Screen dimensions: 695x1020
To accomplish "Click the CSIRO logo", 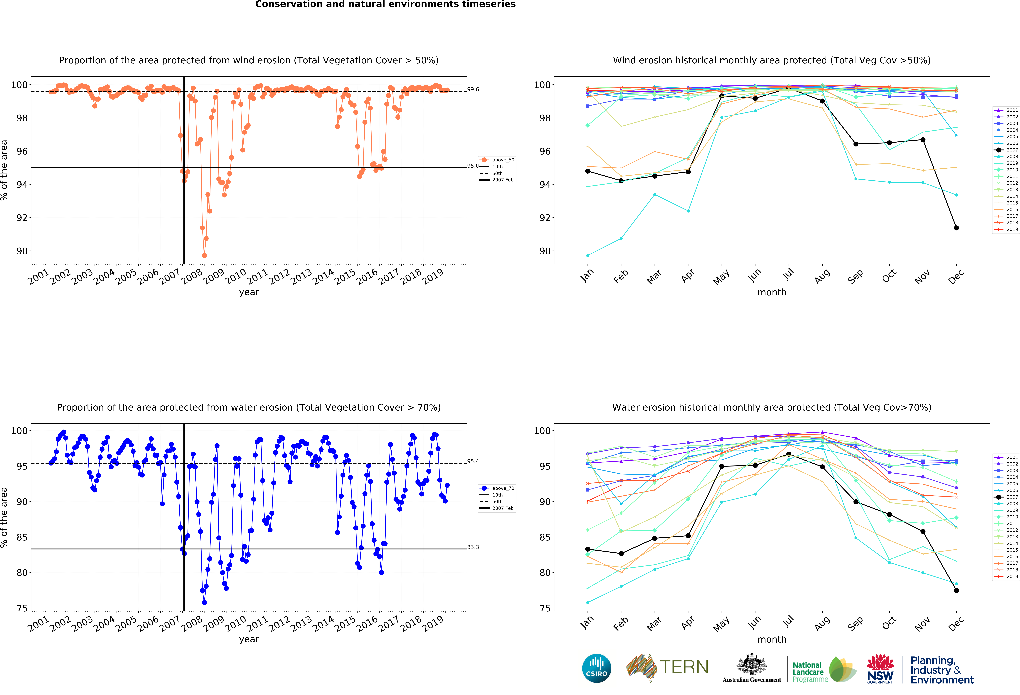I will point(596,668).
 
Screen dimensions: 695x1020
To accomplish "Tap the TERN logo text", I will point(684,667).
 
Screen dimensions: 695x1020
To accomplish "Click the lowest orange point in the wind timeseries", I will point(204,255).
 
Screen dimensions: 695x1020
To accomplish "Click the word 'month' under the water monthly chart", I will point(772,639).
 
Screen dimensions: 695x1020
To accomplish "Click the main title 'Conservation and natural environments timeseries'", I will point(385,4).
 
